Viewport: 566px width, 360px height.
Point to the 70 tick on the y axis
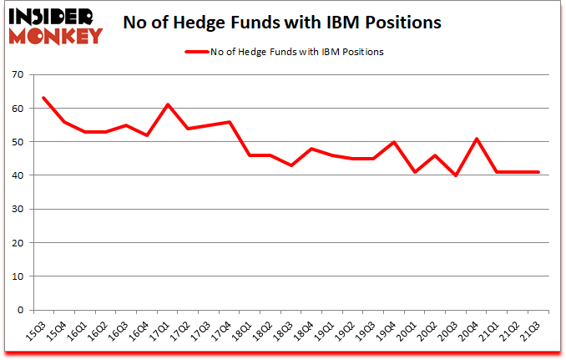click(19, 75)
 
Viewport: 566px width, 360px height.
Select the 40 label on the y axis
click(19, 175)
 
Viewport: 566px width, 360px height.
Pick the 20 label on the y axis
click(19, 243)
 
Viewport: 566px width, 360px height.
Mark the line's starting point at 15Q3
click(43, 98)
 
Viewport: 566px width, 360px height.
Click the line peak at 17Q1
click(168, 104)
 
